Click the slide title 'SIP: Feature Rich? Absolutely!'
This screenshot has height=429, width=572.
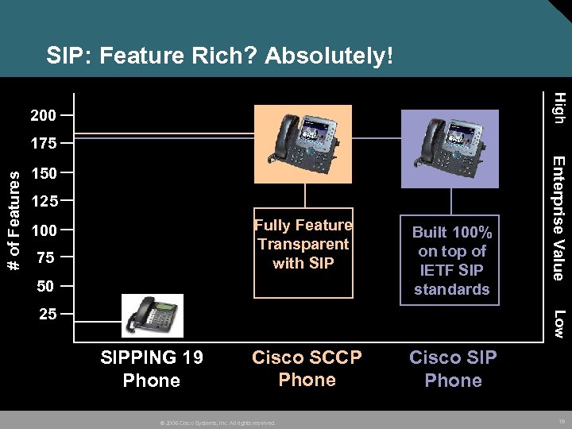point(219,56)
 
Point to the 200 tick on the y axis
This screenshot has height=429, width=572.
point(43,116)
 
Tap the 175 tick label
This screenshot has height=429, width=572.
point(43,145)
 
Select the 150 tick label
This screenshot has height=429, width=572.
point(43,173)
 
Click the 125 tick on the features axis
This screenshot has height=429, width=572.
point(43,202)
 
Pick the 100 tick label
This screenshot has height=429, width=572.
point(43,231)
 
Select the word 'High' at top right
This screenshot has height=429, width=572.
point(558,107)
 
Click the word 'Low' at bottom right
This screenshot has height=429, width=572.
point(558,323)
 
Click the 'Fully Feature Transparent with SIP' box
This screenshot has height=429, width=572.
point(303,245)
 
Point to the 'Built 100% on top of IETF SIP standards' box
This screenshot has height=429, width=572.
point(451,261)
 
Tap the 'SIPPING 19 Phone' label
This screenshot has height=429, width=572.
point(152,369)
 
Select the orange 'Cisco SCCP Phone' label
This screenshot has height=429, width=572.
point(307,369)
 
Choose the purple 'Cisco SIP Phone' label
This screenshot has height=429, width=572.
point(453,369)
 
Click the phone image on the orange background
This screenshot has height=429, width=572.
point(303,144)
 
